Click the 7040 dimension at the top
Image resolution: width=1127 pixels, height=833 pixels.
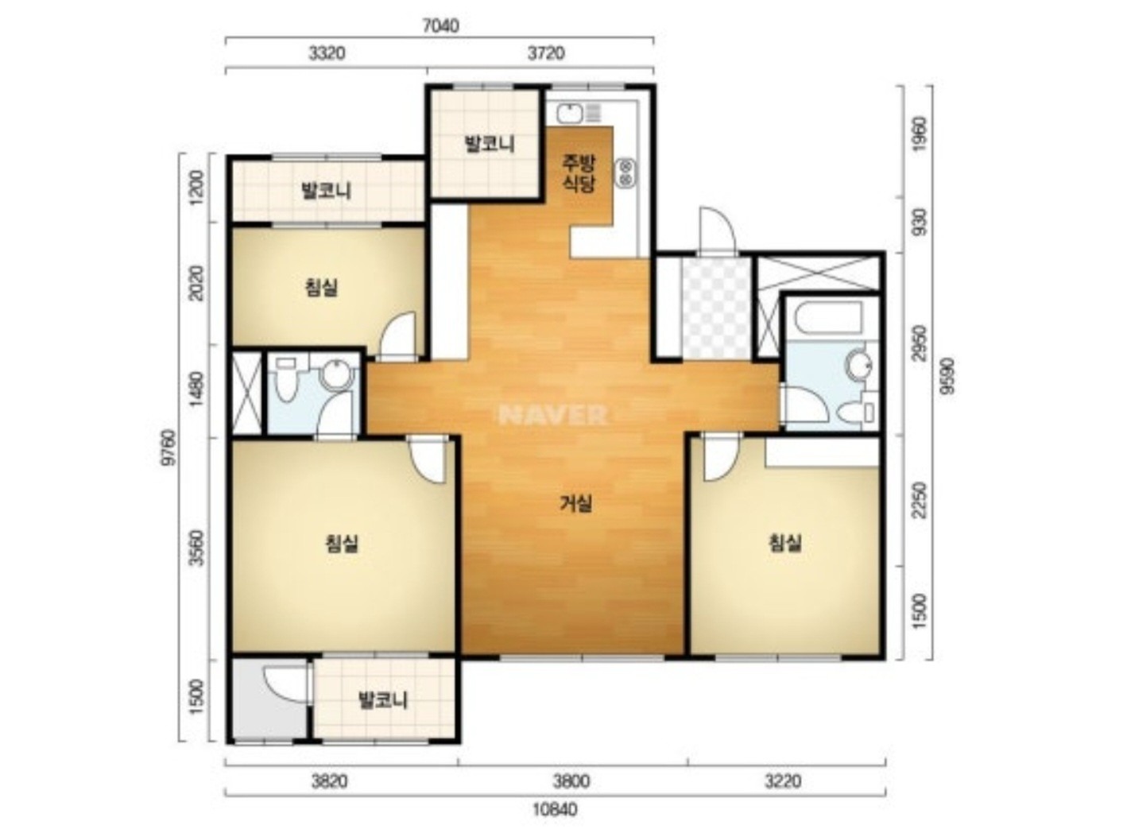(x=440, y=25)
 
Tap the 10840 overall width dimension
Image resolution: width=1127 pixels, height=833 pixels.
(x=555, y=808)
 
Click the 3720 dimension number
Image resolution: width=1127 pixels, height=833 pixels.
(x=546, y=52)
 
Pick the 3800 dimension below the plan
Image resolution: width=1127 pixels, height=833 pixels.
(x=571, y=781)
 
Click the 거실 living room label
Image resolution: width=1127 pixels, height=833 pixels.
(x=576, y=503)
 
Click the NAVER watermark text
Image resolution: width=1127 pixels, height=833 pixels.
(x=553, y=415)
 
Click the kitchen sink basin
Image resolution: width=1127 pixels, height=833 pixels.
(x=569, y=114)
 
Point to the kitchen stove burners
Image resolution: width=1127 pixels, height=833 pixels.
(x=625, y=172)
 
